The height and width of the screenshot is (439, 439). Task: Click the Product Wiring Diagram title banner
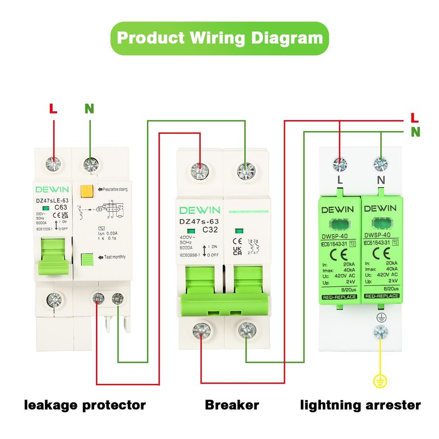coord(219,38)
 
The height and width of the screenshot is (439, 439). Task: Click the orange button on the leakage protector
coord(86,191)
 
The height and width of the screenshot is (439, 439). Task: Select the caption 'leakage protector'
coord(85,406)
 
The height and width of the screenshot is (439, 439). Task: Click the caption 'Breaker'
coord(232,406)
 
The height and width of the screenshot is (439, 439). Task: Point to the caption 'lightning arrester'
coord(361,406)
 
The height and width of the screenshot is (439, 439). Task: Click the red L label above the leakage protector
coord(53,108)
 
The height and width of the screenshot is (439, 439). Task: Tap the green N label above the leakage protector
coord(89,108)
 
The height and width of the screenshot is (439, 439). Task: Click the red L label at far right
coord(415,118)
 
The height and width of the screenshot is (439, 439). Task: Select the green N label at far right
coord(415,132)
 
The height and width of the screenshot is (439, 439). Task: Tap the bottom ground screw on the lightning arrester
coord(379,331)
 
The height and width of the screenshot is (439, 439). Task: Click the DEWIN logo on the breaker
coord(199,210)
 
